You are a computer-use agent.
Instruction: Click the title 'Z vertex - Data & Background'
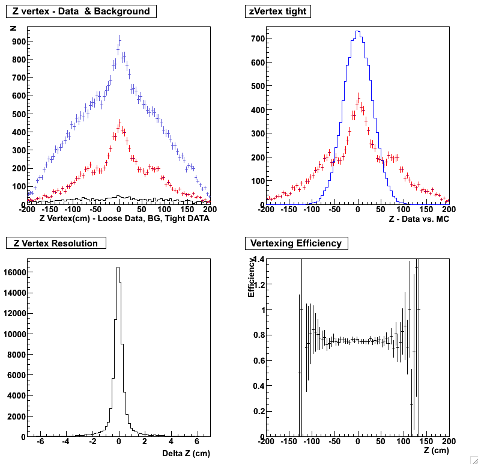pos(81,11)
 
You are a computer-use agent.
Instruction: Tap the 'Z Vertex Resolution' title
pos(56,243)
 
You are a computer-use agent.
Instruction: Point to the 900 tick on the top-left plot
pos(18,41)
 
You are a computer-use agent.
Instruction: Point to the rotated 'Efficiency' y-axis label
pos(252,278)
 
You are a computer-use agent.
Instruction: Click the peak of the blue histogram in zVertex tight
pos(357,31)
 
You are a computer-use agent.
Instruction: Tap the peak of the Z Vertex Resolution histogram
pos(118,267)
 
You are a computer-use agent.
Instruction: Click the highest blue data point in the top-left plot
pos(119,40)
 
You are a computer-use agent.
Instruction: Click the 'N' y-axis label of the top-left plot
pos(13,26)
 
